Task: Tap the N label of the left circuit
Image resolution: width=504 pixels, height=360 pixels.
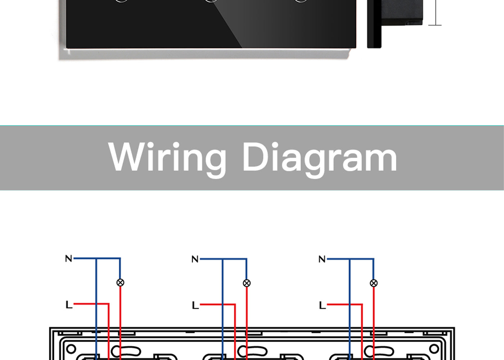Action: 69,258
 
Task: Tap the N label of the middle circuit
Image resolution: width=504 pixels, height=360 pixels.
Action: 195,259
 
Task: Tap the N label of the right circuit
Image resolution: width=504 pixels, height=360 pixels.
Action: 322,259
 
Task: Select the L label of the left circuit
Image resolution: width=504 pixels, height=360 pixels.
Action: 69,305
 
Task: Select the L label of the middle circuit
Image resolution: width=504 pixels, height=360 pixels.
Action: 195,305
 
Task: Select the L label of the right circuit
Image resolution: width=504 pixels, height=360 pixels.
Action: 323,305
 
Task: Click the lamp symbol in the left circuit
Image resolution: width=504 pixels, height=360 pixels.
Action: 120,283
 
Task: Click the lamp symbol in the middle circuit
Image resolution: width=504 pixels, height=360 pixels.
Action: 247,283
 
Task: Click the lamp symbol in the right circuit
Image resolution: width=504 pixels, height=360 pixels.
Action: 374,283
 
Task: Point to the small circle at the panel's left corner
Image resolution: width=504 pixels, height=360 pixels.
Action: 71,349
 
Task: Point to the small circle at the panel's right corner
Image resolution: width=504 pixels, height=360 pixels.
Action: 434,349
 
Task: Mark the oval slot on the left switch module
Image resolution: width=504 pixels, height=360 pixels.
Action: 126,351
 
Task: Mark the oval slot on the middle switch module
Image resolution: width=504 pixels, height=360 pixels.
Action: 252,351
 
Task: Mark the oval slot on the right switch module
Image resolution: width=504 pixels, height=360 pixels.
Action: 379,351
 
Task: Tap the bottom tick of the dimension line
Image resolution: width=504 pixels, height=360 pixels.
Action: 435,25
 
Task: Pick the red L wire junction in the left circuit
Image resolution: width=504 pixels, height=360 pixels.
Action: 96,304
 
